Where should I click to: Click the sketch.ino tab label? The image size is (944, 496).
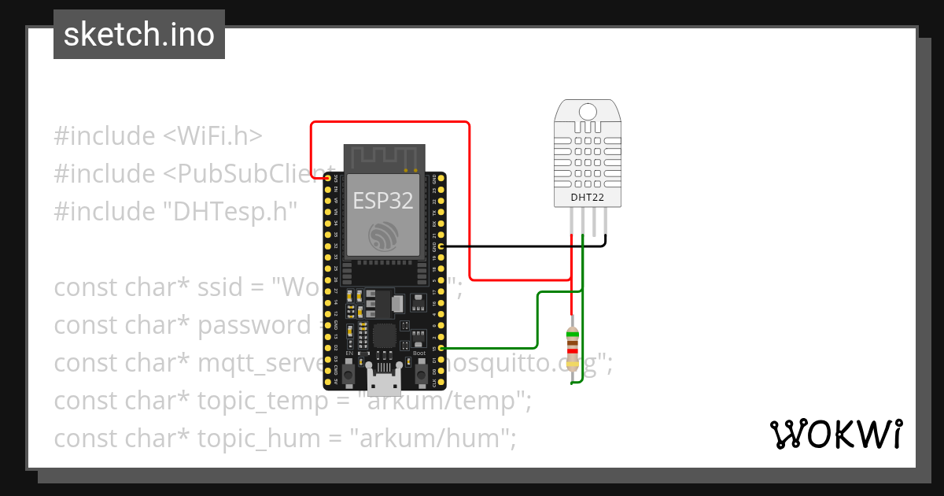[139, 35]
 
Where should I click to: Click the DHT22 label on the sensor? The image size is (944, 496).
[587, 197]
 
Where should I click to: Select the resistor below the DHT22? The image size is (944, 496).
[572, 349]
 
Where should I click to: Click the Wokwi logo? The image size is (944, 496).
[835, 434]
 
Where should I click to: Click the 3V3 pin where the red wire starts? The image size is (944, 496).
[328, 179]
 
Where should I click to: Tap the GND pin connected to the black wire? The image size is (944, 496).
[441, 246]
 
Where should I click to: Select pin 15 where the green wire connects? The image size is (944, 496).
[441, 347]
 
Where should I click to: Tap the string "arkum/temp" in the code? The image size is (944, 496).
[441, 401]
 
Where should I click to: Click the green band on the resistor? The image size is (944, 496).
[572, 335]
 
